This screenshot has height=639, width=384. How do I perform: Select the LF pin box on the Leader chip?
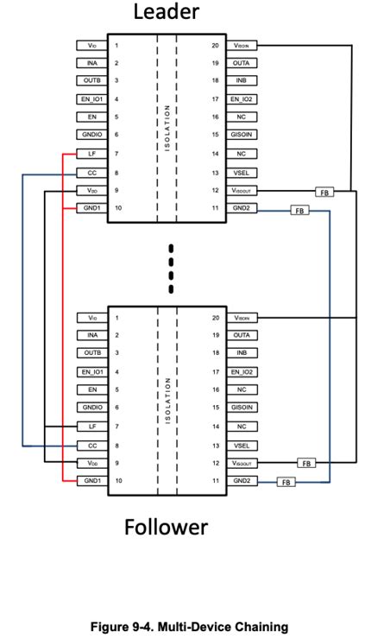pos(91,153)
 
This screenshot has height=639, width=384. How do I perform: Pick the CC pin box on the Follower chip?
pos(91,445)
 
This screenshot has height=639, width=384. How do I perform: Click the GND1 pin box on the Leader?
pos(91,207)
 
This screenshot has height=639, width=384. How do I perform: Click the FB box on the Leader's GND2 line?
pos(299,211)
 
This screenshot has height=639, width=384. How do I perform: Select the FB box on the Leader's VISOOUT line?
pos(324,191)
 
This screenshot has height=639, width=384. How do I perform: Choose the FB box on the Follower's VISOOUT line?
pos(306,463)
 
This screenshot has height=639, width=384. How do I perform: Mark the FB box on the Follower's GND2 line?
pos(286,482)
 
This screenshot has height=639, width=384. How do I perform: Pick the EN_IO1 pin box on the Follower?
pos(91,371)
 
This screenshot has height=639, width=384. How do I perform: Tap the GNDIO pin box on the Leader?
pos(91,135)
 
